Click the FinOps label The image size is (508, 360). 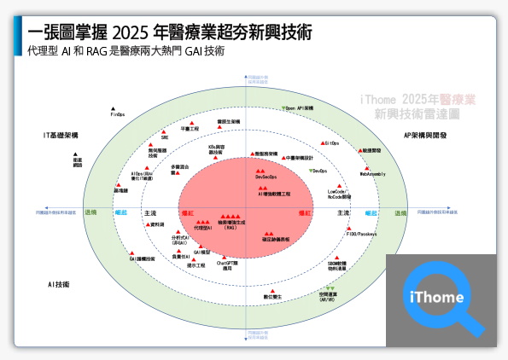coord(118,113)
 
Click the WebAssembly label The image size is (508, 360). coord(372,174)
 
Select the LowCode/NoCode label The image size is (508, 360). coord(340,195)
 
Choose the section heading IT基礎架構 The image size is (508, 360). coord(61,136)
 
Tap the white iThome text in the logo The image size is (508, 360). coord(436,298)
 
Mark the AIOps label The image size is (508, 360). coord(143,176)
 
